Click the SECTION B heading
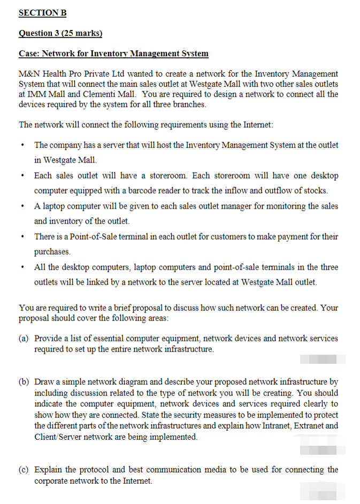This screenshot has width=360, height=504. (x=43, y=12)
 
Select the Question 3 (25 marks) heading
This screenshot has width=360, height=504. (x=60, y=33)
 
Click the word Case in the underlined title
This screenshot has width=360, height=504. (x=28, y=54)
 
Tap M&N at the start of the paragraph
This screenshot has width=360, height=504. (x=29, y=74)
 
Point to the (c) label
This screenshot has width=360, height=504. (x=24, y=470)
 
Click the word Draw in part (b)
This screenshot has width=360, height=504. (x=44, y=382)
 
